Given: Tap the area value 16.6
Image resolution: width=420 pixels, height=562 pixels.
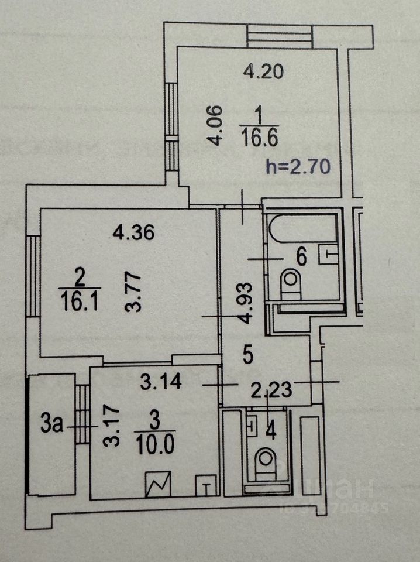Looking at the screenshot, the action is click(259, 139).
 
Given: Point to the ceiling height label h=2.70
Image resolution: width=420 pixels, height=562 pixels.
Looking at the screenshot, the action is click(298, 166).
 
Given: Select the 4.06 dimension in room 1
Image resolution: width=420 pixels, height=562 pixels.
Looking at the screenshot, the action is click(217, 124).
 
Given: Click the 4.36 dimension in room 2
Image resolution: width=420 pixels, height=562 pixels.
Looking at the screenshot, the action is click(133, 234).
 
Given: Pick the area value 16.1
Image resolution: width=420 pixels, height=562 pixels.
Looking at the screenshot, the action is click(80, 300).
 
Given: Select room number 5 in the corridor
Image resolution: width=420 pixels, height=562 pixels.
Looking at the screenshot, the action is click(247, 354).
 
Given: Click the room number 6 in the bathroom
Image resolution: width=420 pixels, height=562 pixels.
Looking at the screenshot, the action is click(302, 256).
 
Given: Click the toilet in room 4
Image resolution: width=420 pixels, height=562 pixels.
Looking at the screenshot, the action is click(267, 463).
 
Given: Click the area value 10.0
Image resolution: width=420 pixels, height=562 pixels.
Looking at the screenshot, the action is click(155, 446).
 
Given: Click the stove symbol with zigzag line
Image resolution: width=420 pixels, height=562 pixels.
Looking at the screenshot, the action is click(159, 483).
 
